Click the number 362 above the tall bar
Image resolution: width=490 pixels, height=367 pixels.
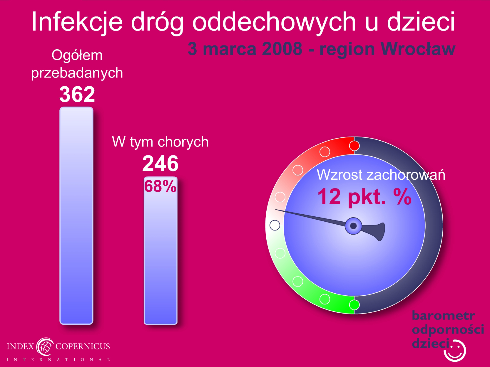77,94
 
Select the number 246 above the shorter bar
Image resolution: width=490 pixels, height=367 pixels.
160,164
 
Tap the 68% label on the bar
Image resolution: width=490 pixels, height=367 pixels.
160,186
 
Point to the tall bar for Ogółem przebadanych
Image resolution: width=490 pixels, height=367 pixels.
76,216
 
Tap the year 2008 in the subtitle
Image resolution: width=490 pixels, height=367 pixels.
282,49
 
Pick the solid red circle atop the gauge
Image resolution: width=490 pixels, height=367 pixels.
354,146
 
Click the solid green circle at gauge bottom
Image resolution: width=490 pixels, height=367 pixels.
354,305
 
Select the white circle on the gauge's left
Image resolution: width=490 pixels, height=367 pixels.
275,225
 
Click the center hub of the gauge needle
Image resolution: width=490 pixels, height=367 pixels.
353,226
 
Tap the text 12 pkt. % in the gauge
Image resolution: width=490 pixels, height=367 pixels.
364,196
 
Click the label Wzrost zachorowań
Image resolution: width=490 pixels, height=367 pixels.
381,175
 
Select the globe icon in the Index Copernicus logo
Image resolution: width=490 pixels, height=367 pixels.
45,346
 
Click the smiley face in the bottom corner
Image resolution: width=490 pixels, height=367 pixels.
455,350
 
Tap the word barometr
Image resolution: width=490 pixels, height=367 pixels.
443,316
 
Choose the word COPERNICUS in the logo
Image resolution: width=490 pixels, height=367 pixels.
83,346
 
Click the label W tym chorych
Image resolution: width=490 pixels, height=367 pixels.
160,142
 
